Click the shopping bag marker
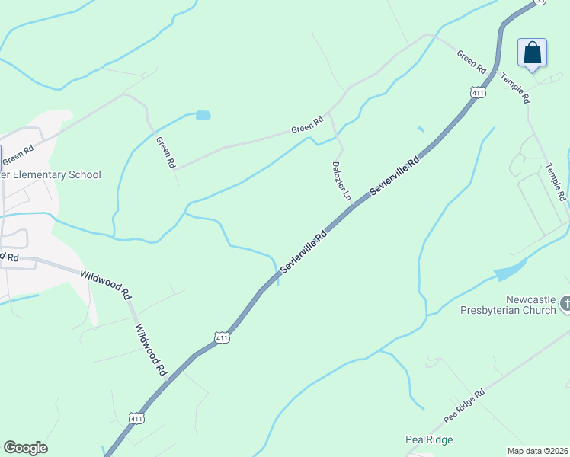pos(533,53)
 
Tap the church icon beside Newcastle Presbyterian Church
pos(565,304)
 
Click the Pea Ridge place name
pos(428,439)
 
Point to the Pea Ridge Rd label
pos(464,407)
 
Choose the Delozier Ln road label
pos(341,181)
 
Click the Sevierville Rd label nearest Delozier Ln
pos(395,176)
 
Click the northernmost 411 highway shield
pos(478,93)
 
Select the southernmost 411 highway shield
pos(136,418)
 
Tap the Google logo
pos(25,448)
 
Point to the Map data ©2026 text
pos(538,450)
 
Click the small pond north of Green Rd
pos(203,116)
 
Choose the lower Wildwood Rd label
pos(150,350)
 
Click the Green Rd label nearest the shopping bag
pos(471,61)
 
